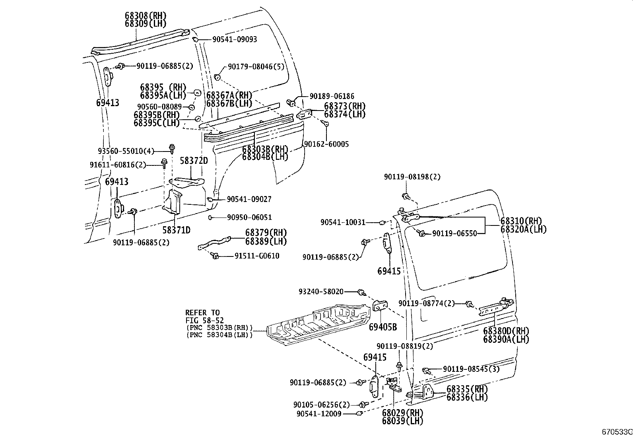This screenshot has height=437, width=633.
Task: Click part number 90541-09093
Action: click(234, 39)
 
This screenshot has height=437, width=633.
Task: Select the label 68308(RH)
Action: click(145, 16)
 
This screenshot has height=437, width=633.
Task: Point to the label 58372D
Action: click(194, 161)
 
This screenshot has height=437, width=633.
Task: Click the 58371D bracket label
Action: click(176, 230)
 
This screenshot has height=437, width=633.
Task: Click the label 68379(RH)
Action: click(266, 233)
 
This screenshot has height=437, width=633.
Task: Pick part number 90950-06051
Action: click(249, 218)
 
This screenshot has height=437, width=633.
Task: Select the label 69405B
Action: click(383, 327)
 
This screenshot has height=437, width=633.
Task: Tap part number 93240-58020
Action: click(321, 291)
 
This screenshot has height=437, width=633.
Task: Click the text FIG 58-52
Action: click(204, 320)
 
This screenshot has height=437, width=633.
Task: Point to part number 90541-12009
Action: click(319, 414)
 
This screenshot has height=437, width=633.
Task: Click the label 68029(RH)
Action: click(402, 412)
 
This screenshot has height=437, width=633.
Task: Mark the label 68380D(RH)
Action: click(506, 330)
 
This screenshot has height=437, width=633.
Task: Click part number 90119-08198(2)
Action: click(412, 177)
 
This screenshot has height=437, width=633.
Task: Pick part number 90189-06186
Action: click(332, 96)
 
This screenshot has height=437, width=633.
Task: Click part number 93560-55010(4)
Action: click(126, 151)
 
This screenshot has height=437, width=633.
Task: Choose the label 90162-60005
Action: click(326, 144)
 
